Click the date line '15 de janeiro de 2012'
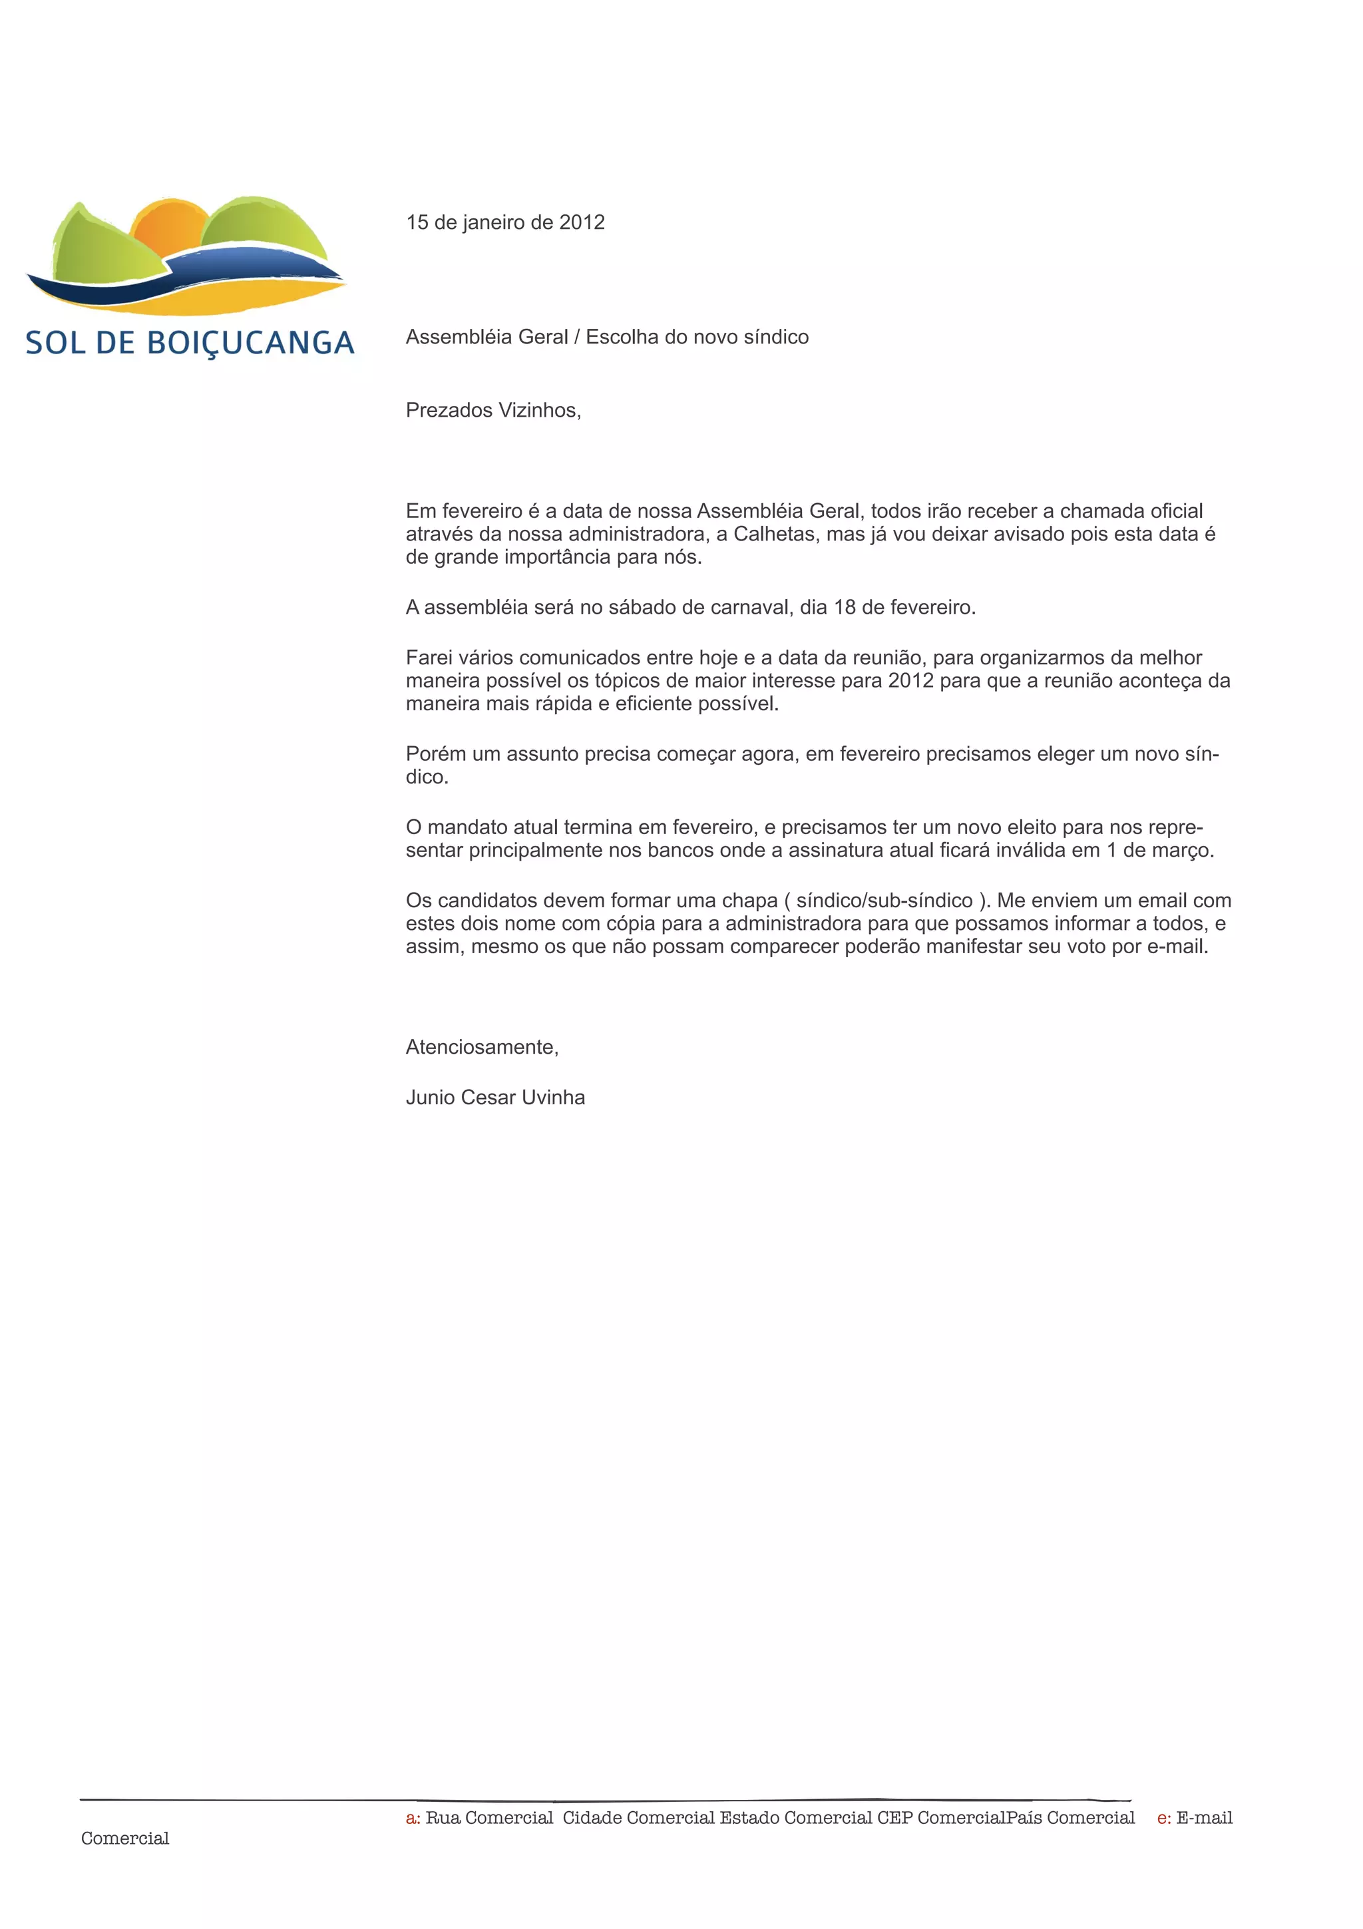click(x=504, y=222)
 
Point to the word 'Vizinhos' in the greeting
click(x=538, y=410)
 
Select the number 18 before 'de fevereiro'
click(x=843, y=608)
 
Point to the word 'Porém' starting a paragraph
click(x=435, y=753)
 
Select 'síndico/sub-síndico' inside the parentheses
click(x=884, y=901)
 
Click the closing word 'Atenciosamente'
click(x=481, y=1047)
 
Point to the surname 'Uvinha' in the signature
click(x=552, y=1097)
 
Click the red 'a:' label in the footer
click(x=413, y=1818)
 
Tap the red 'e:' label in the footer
click(x=1163, y=1818)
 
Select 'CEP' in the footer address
click(x=894, y=1818)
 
